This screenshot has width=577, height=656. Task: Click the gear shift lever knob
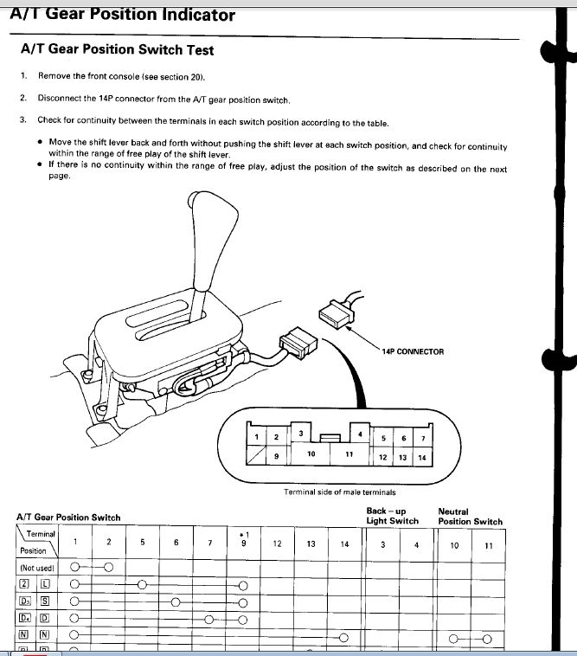(213, 239)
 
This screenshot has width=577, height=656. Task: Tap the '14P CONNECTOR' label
(413, 351)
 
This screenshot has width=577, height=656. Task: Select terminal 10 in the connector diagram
(311, 454)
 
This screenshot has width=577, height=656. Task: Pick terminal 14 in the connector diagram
(422, 458)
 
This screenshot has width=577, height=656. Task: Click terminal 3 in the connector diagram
(301, 434)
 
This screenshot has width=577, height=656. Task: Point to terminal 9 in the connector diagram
(276, 456)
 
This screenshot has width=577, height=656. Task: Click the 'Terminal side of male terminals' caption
(339, 492)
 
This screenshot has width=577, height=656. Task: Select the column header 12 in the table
(277, 543)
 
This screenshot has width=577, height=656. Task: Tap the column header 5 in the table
(142, 542)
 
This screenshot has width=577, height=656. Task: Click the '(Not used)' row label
(37, 568)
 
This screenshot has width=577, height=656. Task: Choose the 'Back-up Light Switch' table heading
(393, 516)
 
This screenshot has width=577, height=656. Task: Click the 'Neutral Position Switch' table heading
(471, 517)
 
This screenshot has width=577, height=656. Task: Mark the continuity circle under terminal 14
(343, 638)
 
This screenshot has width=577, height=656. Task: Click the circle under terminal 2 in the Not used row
(109, 568)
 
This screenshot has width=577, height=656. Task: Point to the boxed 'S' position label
(45, 601)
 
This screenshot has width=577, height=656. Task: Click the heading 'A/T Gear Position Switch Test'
(117, 49)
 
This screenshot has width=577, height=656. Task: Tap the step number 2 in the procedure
(23, 98)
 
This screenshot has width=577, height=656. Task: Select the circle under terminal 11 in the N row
(487, 640)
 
